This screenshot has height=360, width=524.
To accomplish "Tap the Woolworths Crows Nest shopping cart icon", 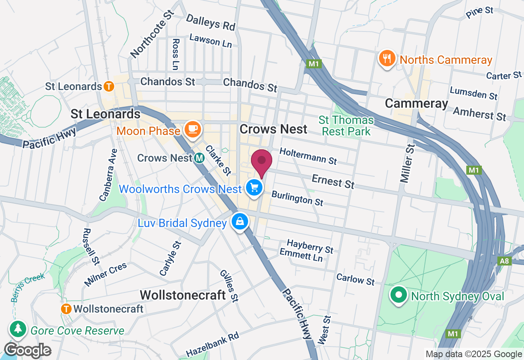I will [254, 188].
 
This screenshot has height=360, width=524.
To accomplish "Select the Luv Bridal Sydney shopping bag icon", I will [239, 222].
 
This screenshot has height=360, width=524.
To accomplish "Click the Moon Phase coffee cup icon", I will [192, 129].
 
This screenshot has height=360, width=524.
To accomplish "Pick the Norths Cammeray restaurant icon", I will [386, 58].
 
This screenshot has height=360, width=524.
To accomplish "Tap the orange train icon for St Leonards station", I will [108, 86].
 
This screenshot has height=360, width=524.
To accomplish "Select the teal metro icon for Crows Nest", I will [199, 158].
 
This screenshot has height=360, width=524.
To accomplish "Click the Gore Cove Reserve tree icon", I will [18, 328].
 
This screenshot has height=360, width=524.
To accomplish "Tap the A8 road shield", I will [504, 261].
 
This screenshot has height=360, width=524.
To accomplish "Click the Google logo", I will [27, 351].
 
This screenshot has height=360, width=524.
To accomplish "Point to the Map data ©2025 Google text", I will [474, 354].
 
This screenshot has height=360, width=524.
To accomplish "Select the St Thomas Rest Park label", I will [346, 126].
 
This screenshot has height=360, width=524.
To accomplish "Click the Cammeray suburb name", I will [416, 103].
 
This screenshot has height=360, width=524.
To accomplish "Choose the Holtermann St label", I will [308, 156].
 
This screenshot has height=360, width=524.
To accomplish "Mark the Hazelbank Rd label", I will [212, 344].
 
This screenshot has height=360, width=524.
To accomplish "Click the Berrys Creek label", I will [28, 288].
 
